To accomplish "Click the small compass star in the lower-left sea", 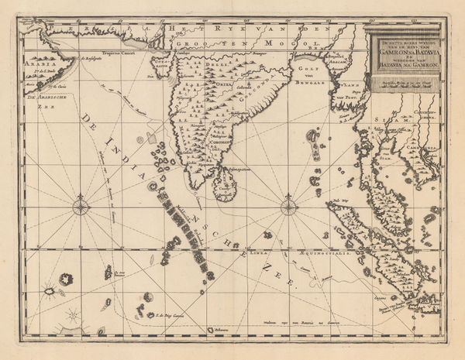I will click(71, 315).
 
